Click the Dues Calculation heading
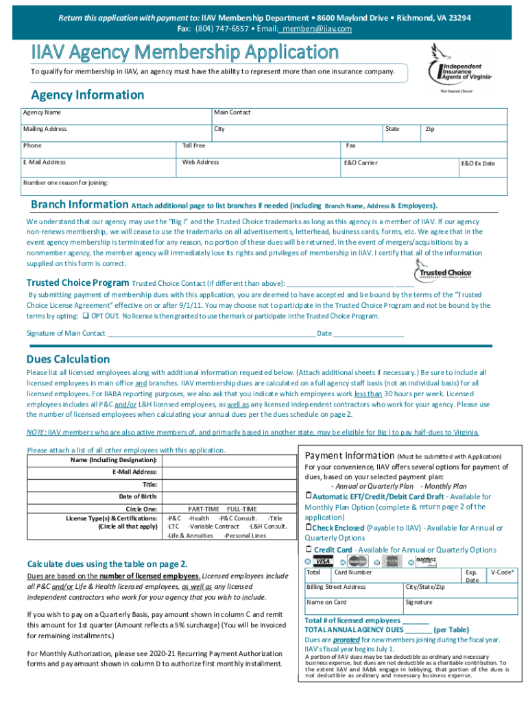coord(68,359)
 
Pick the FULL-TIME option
coord(241,509)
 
